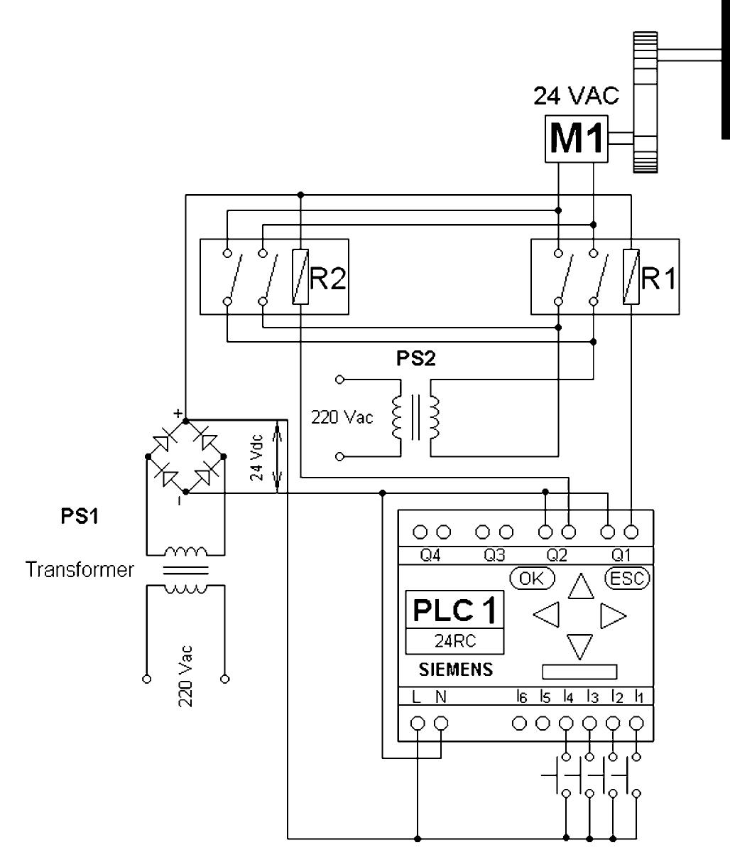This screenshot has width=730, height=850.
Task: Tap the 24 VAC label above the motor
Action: point(576,97)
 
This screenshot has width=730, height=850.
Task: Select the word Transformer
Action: point(80,570)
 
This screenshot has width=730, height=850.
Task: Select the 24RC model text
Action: point(454,641)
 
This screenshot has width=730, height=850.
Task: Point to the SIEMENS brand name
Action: point(454,670)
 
